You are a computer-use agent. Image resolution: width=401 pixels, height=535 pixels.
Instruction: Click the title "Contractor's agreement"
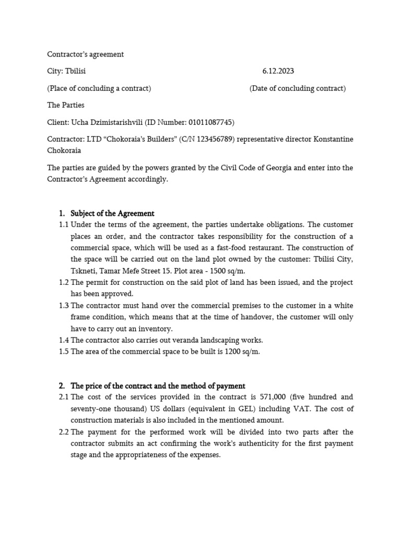pyautogui.click(x=86, y=54)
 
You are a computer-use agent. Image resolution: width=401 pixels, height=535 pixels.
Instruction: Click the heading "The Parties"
pyautogui.click(x=66, y=105)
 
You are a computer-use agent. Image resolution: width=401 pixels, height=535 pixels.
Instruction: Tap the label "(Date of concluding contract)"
pyautogui.click(x=298, y=88)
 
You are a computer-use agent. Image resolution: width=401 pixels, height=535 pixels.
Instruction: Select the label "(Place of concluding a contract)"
pyautogui.click(x=99, y=88)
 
